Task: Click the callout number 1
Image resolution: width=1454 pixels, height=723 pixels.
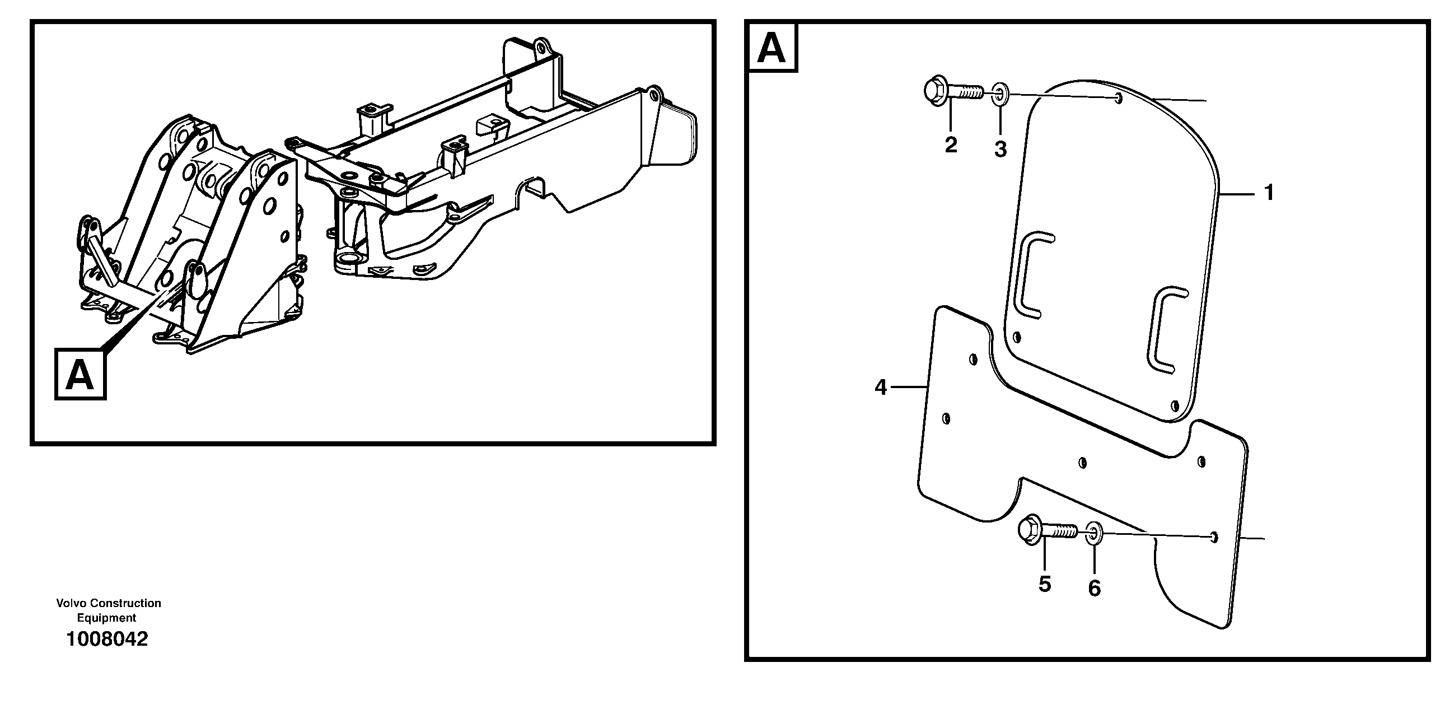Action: (x=1269, y=194)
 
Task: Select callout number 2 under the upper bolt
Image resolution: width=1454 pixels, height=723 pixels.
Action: (x=951, y=145)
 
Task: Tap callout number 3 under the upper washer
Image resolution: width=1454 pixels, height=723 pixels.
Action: (x=1000, y=150)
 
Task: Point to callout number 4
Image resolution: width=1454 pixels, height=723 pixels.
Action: (x=881, y=388)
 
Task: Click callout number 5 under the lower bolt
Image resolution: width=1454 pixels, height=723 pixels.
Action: (x=1045, y=584)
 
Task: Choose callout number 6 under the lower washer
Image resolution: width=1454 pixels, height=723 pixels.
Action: (x=1094, y=589)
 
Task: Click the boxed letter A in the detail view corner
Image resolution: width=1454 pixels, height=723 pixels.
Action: (x=772, y=49)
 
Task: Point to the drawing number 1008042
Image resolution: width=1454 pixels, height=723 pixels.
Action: (x=107, y=639)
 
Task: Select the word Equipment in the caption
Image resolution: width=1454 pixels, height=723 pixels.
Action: (x=107, y=618)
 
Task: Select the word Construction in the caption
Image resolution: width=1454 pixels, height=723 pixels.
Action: (x=125, y=603)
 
